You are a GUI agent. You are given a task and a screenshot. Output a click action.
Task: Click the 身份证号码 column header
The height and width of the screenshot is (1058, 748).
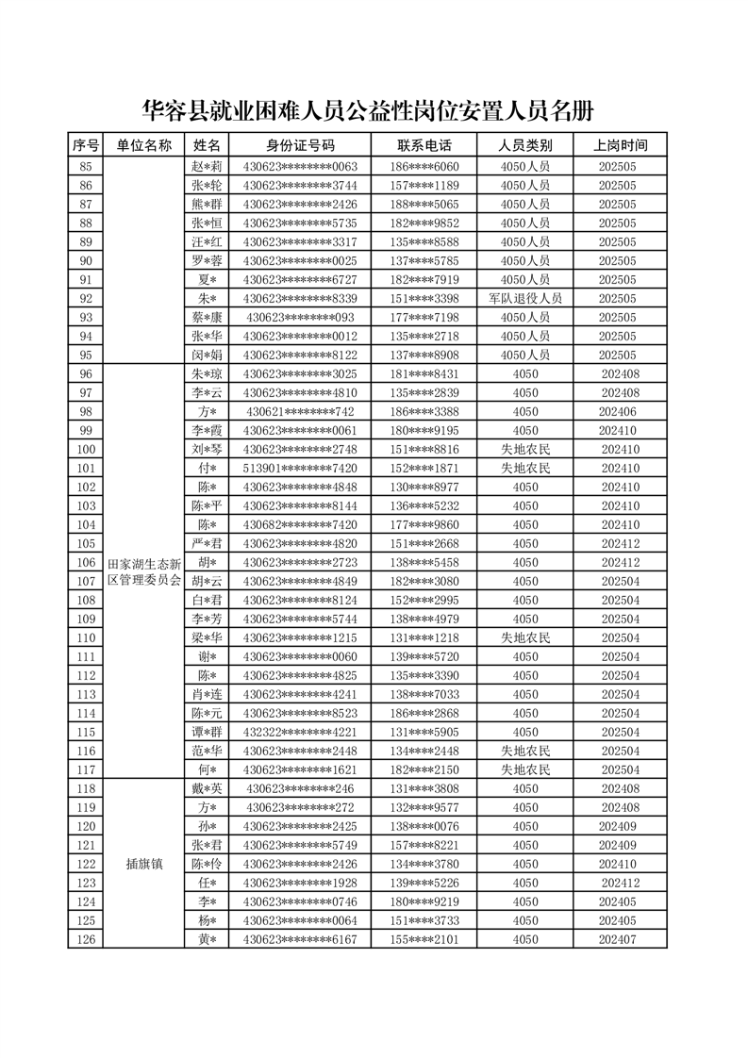[300, 145]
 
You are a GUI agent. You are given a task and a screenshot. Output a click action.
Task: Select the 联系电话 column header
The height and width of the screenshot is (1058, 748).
[424, 145]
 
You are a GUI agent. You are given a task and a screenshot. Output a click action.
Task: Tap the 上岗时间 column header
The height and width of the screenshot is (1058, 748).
[620, 145]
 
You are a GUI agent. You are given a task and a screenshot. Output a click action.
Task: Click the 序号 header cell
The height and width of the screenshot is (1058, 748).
[86, 145]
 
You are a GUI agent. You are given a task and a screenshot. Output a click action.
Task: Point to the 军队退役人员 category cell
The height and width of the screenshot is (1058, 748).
[525, 298]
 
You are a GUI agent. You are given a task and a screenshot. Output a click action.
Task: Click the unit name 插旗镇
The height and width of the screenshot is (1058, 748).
[144, 864]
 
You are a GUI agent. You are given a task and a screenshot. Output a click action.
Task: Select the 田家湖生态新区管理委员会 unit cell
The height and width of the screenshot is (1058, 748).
[144, 571]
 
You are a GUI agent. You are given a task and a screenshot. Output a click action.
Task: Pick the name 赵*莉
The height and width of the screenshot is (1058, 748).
[207, 166]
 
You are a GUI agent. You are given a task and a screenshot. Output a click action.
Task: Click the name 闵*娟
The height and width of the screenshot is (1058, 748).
[207, 355]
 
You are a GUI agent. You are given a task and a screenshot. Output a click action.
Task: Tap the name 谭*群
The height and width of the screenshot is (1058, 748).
[207, 732]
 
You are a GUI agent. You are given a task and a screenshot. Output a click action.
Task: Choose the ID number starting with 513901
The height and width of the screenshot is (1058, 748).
[300, 468]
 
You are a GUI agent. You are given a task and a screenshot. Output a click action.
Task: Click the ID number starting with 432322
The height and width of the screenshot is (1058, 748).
[300, 732]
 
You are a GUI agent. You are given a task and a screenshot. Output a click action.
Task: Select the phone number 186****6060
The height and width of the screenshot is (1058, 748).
[424, 166]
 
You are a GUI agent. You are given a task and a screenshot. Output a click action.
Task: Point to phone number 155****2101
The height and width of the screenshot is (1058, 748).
[424, 939]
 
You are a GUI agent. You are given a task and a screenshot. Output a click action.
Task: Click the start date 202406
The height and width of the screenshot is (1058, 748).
[620, 411]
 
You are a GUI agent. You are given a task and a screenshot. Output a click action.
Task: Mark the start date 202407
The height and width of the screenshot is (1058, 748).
[620, 939]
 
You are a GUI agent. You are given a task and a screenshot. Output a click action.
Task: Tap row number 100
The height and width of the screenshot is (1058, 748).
[86, 449]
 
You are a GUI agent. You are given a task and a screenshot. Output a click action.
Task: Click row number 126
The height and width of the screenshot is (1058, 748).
[86, 939]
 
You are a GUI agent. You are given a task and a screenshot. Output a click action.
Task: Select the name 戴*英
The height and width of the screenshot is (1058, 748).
[207, 788]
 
